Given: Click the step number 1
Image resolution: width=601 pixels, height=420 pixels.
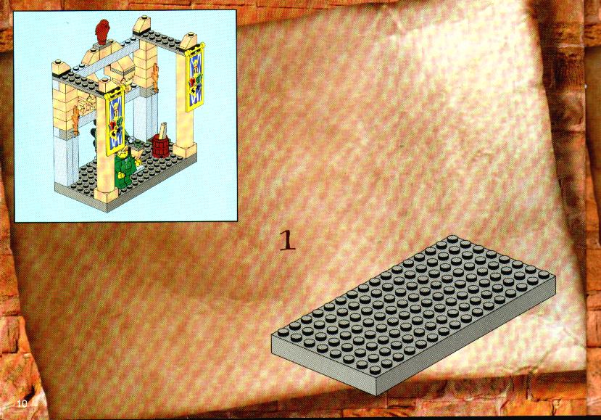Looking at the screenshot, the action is click(x=288, y=241).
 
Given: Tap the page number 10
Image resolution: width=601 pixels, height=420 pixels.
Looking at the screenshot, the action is click(x=22, y=403).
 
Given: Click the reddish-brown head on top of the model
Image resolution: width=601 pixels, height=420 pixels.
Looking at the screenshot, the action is click(x=102, y=32).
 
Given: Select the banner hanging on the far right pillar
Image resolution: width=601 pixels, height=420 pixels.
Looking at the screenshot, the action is click(x=194, y=77).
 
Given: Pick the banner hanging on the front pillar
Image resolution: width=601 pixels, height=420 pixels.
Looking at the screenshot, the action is click(x=115, y=120).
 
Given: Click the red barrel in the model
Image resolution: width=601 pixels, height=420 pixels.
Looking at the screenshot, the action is click(x=161, y=145).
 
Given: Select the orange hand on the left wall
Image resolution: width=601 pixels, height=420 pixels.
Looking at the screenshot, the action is click(x=76, y=119).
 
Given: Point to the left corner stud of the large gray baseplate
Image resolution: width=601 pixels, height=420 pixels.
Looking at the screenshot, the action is click(x=283, y=332).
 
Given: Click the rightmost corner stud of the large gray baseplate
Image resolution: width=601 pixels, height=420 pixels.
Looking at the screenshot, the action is click(x=543, y=275).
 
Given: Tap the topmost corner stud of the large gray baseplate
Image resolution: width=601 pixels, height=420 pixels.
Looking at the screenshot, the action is click(x=453, y=239).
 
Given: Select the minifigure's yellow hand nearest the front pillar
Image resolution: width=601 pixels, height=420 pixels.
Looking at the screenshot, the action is click(x=121, y=176).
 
